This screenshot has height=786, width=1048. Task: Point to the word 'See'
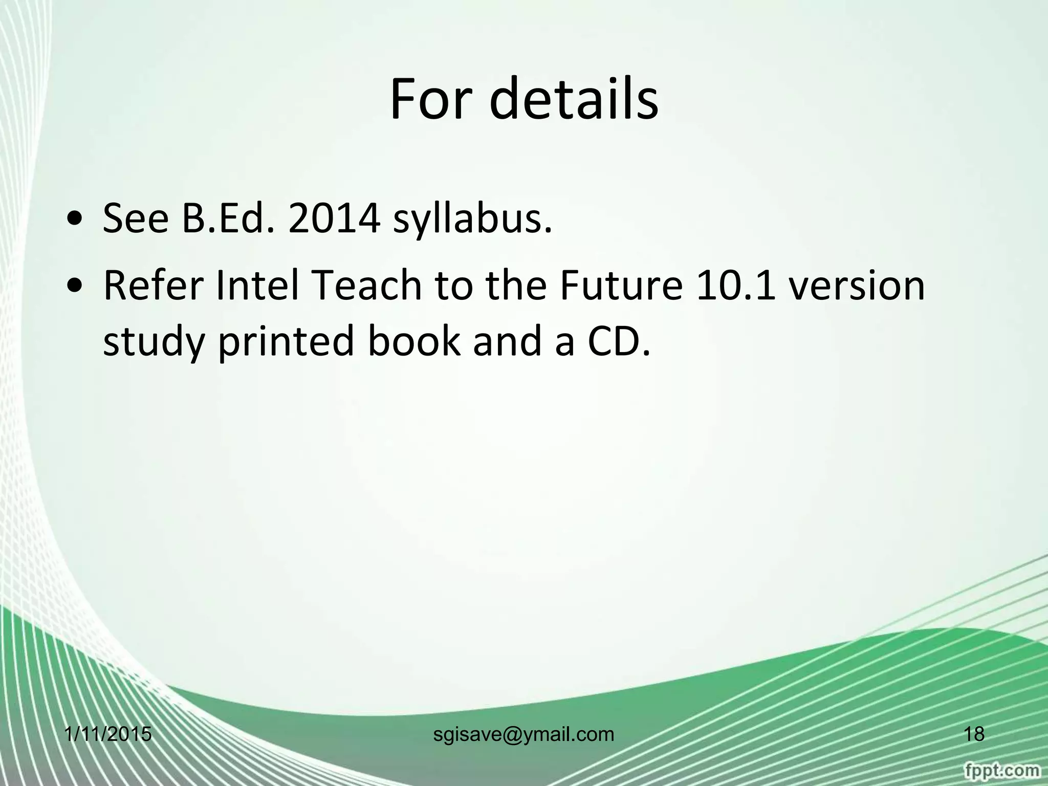click(136, 220)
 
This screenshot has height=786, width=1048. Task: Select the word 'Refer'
click(154, 286)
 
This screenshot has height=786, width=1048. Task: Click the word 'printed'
click(287, 342)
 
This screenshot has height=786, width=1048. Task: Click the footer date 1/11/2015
click(108, 734)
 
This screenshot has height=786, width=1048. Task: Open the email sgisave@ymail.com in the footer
click(523, 734)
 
